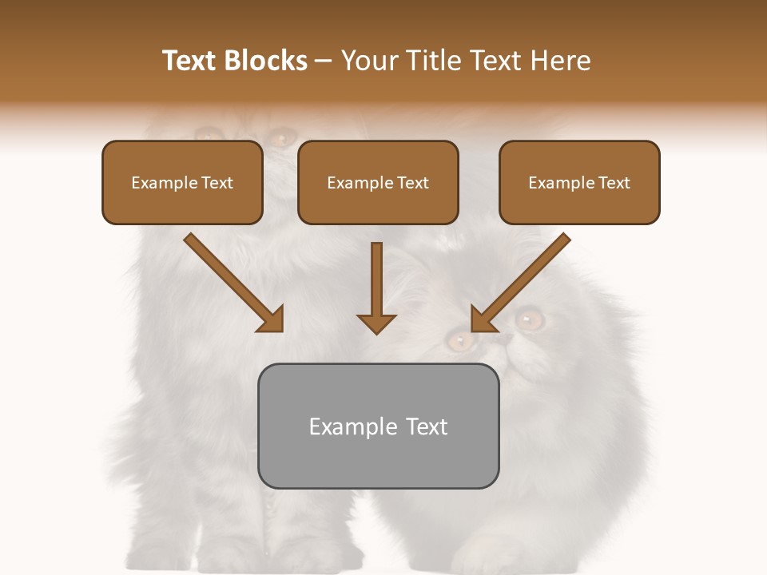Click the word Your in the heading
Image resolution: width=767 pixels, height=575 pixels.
point(369,61)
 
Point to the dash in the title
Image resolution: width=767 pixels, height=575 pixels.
point(324,61)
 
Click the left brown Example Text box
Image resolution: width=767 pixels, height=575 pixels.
point(182,182)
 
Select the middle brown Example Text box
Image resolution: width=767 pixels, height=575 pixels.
point(378,182)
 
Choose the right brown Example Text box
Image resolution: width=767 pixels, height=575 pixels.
point(579,182)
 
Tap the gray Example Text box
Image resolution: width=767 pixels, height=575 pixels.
point(378,426)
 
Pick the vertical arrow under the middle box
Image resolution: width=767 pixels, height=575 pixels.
point(376,287)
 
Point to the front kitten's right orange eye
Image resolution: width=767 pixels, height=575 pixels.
point(529,319)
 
